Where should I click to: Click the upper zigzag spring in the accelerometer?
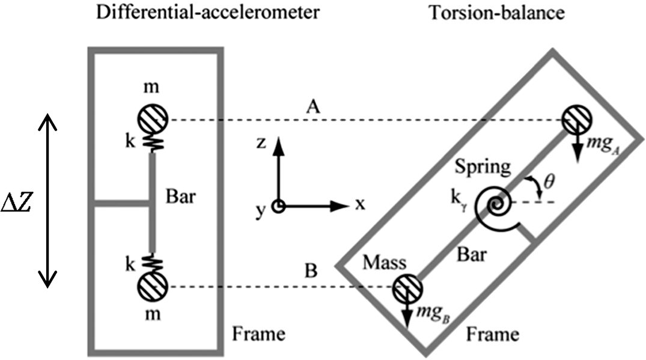click(153, 143)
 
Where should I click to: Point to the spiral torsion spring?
click(496, 208)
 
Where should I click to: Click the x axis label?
click(359, 204)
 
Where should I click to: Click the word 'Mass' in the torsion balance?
click(385, 263)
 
